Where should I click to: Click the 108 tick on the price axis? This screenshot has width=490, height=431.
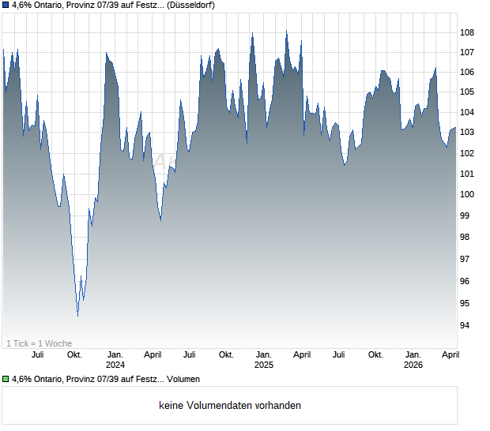(469, 32)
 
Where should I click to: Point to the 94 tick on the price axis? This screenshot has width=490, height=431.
(467, 325)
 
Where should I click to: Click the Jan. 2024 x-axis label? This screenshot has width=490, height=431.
(115, 360)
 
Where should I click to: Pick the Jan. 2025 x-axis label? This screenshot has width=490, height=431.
(264, 360)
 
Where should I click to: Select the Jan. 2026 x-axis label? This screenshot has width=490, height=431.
(413, 360)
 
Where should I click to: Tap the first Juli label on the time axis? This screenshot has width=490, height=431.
(37, 355)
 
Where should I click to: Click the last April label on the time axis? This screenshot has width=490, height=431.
(450, 355)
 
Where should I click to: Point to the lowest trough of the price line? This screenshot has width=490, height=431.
(77, 316)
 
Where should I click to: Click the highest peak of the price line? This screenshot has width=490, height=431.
(286, 32)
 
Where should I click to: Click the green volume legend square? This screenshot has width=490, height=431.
(6, 380)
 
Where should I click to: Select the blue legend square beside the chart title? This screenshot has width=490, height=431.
(6, 5)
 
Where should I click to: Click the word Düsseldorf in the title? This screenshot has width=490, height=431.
(190, 5)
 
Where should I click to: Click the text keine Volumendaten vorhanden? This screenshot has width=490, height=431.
(230, 406)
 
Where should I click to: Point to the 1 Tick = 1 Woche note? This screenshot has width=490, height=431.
(40, 343)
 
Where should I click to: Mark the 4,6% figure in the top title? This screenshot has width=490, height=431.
(22, 5)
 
